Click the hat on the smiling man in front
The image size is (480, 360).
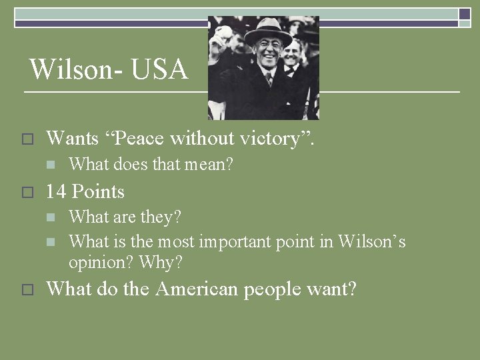[x=267, y=30]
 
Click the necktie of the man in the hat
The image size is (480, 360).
[x=269, y=79]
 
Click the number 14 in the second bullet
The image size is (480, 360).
[x=56, y=192]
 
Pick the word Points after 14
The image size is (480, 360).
[x=98, y=192]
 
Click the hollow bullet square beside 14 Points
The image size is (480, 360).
[x=27, y=193]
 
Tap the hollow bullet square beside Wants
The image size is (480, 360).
[x=27, y=139]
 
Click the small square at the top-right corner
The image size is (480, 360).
[x=465, y=13]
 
